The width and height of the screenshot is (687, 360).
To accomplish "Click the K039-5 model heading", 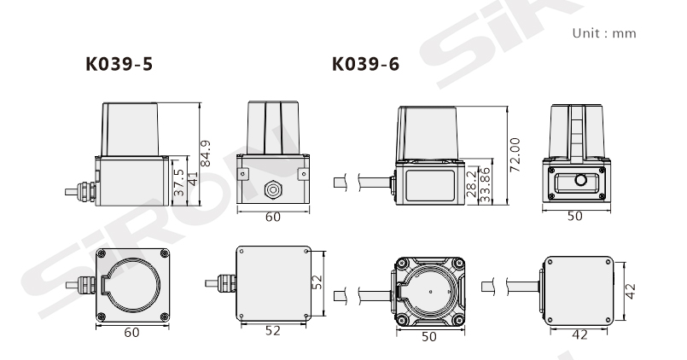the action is tap(119, 64).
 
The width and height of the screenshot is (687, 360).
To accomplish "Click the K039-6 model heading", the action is tap(366, 64).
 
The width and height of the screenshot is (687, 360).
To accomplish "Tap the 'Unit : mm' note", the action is tap(604, 33).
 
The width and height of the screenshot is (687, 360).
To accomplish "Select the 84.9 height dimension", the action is tap(206, 154).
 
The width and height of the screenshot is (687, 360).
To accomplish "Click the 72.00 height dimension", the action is tap(515, 154).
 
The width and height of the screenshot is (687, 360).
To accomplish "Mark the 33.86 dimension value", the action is tap(486, 184).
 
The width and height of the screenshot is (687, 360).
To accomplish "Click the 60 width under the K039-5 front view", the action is tap(273, 218).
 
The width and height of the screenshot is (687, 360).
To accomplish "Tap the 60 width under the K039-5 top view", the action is tap(131, 333).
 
